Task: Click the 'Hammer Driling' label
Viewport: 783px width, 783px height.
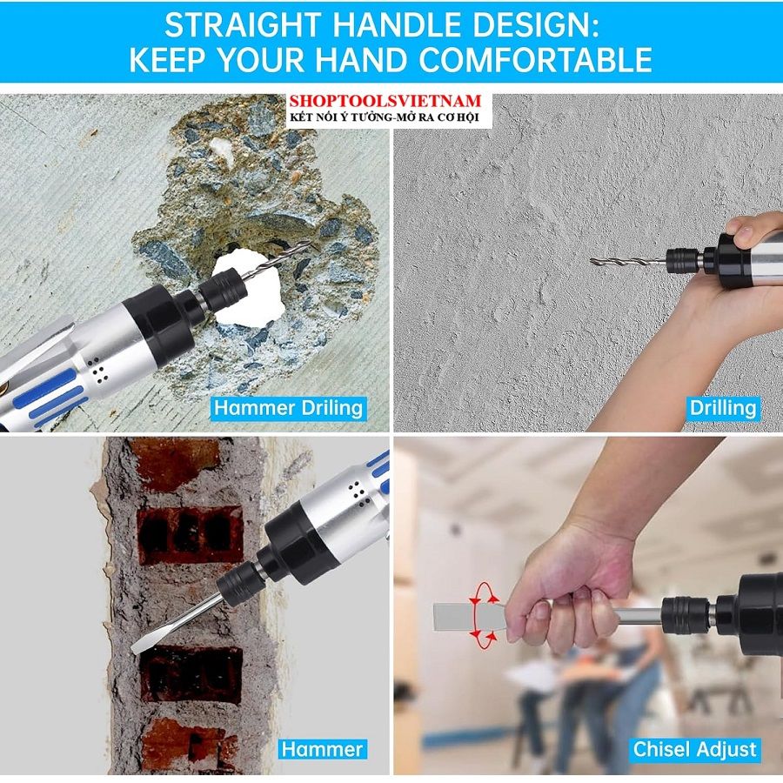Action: pos(288,408)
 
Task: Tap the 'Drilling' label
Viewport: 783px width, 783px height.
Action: pos(723,408)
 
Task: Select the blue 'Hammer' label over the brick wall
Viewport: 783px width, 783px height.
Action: pos(322,749)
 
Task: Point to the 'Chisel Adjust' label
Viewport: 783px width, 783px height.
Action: pos(694,749)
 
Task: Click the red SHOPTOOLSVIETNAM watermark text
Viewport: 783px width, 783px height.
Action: pos(385,101)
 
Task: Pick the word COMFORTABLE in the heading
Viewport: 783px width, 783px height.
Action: pos(535,60)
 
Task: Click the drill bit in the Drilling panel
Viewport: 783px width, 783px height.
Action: pos(628,261)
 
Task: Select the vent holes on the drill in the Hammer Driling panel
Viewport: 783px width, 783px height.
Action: pos(97,371)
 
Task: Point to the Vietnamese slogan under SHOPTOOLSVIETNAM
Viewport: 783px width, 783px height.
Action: pos(385,117)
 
